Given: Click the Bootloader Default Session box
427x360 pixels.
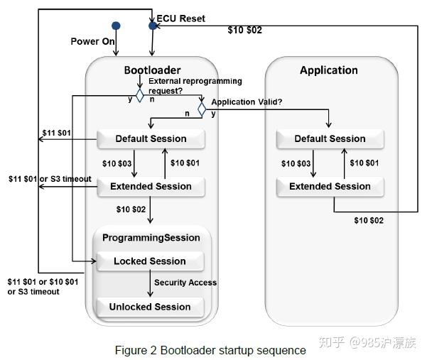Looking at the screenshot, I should [151, 139].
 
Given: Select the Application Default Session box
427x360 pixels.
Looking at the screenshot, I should [330, 139].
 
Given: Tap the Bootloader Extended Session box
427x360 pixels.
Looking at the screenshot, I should [151, 187].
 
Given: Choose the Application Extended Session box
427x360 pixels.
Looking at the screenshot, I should [330, 187].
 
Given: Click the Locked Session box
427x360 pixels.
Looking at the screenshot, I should [149, 261].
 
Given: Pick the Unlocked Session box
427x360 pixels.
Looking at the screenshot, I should [149, 307].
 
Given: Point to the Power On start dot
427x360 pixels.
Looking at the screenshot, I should [116, 26].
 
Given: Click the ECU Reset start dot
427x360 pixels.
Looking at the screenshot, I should [152, 26].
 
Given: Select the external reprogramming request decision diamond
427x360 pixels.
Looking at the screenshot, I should [140, 94].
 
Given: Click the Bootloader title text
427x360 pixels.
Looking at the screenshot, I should [152, 70].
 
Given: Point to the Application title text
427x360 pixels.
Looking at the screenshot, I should [328, 70].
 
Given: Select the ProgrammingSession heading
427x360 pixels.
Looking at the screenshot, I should [151, 238].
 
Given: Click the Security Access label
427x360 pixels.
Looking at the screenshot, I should [185, 283].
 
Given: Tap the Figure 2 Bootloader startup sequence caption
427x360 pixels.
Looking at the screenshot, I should [210, 350].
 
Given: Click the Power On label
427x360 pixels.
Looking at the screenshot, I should [92, 42].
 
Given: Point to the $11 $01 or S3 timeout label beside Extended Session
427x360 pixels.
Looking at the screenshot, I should [50, 178].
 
